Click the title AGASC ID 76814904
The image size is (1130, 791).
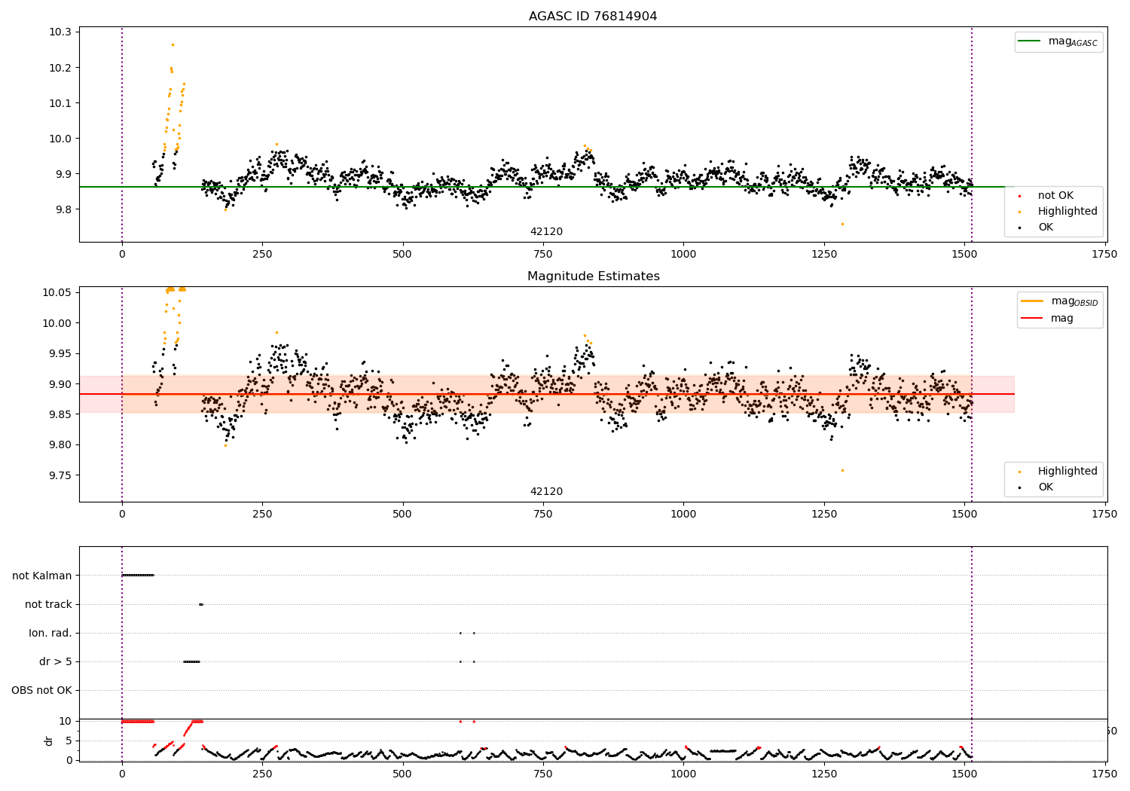pyautogui.click(x=593, y=17)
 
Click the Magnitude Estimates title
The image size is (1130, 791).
pyautogui.click(x=593, y=276)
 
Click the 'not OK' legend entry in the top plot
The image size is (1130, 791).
pyautogui.click(x=1055, y=196)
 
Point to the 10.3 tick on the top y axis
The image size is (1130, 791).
pyautogui.click(x=60, y=32)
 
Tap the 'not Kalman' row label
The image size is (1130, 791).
pyautogui.click(x=42, y=576)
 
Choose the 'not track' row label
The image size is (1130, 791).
pyautogui.click(x=48, y=604)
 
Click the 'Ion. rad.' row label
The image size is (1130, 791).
pyautogui.click(x=50, y=633)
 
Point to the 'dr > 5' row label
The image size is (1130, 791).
pyautogui.click(x=56, y=661)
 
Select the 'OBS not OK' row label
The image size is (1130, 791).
pyautogui.click(x=42, y=690)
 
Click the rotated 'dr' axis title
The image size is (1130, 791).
pyautogui.click(x=49, y=741)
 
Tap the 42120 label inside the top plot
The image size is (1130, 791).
pyautogui.click(x=546, y=232)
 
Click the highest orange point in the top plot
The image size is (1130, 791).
pyautogui.click(x=173, y=44)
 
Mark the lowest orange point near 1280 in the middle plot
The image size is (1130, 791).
pyautogui.click(x=842, y=470)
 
